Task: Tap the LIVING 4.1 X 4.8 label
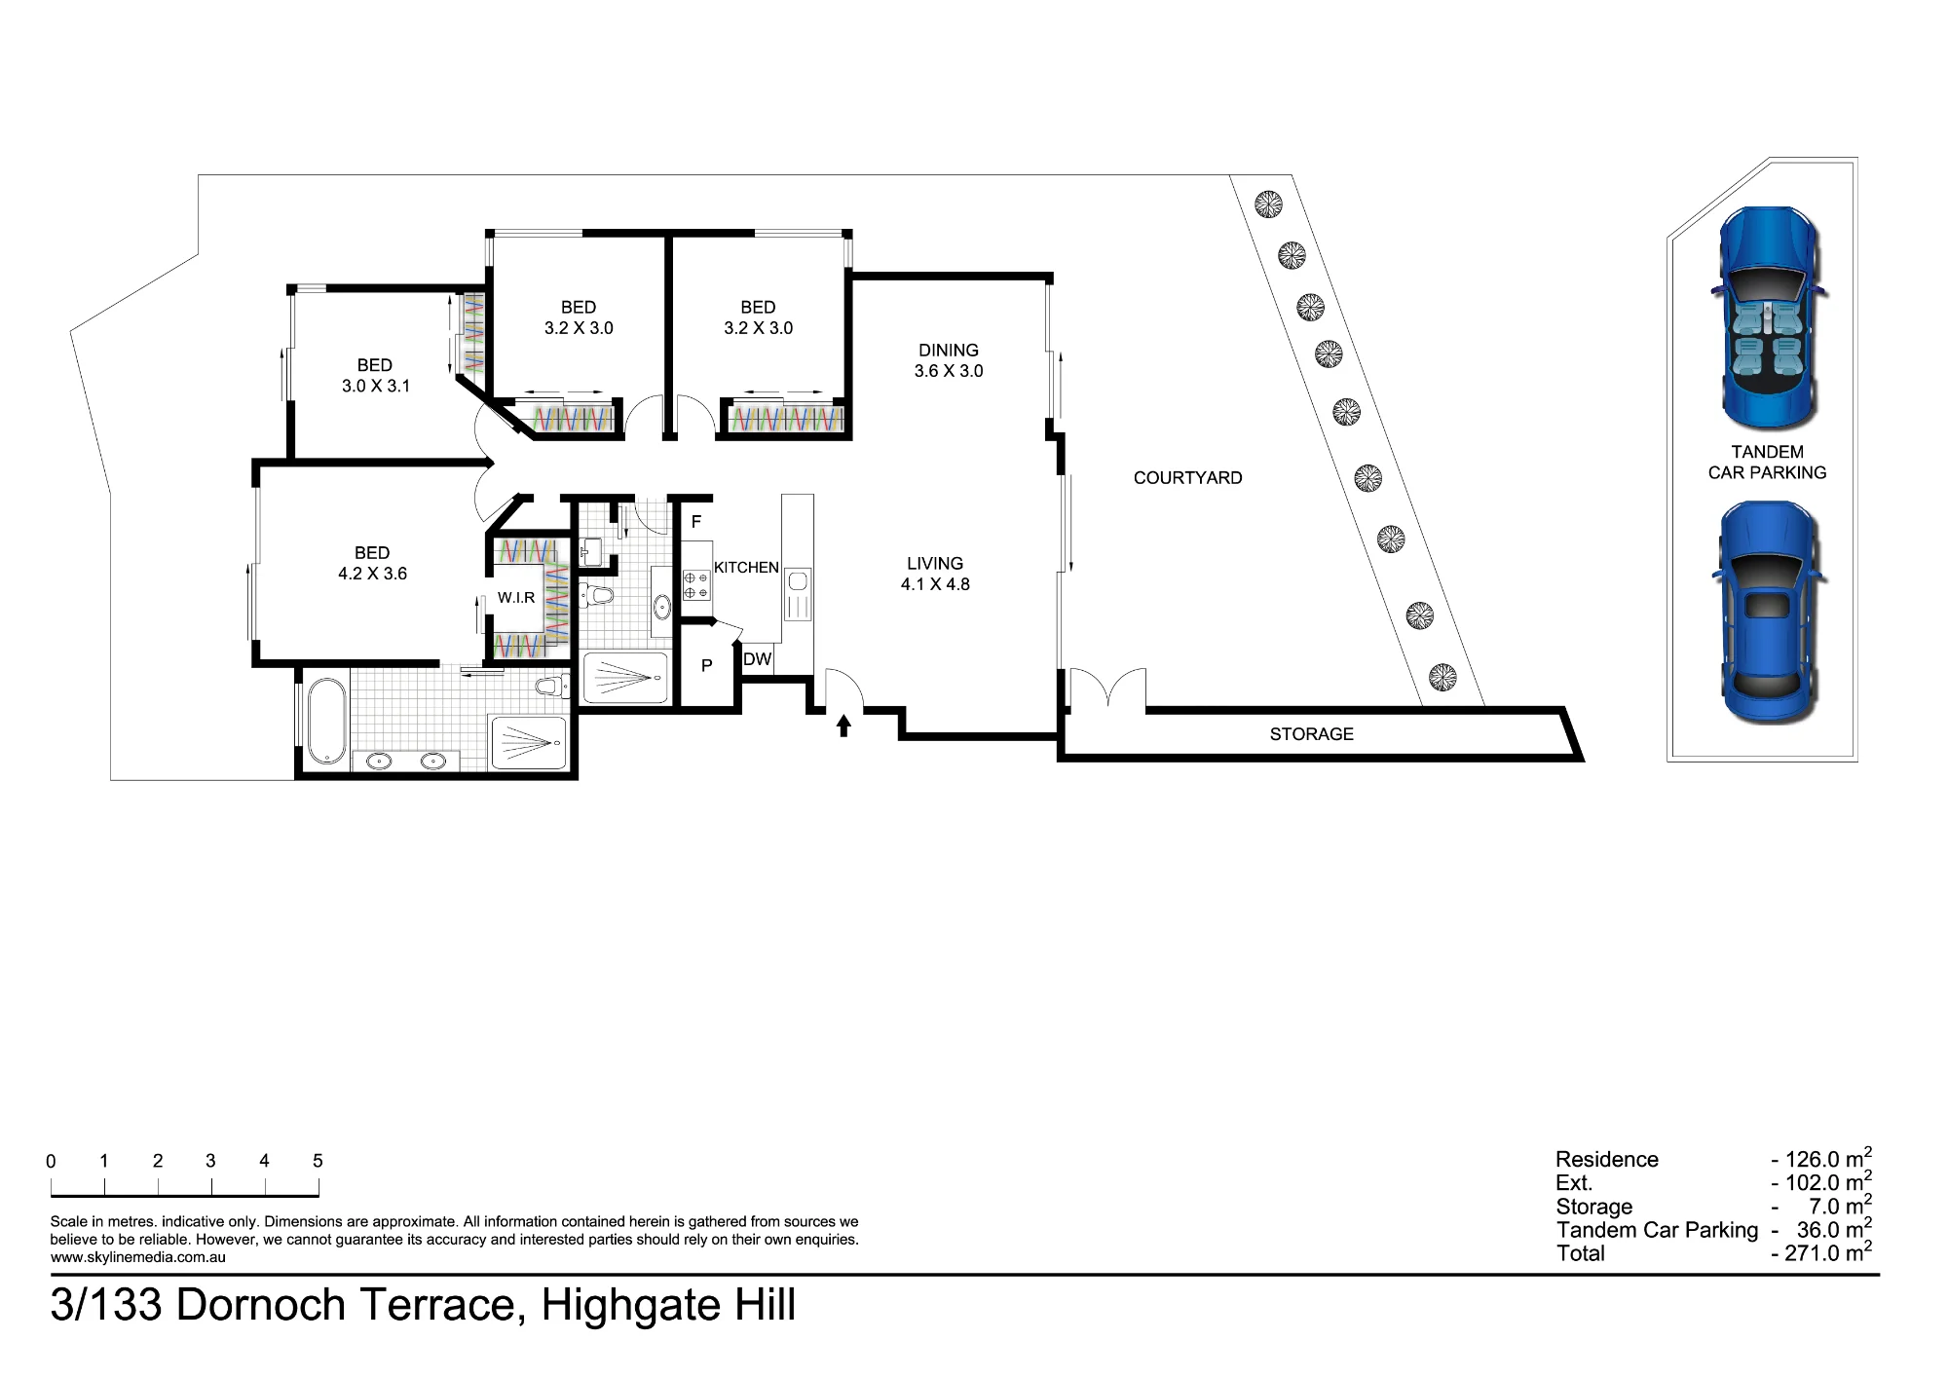(x=935, y=574)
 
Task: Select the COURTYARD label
(x=1187, y=478)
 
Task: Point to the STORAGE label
(x=1311, y=734)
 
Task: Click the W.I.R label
(x=516, y=598)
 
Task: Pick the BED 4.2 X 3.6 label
(x=372, y=563)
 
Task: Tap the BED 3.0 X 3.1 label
(x=375, y=375)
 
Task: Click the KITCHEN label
(x=746, y=568)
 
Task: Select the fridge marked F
(x=696, y=522)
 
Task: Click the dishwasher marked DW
(x=757, y=659)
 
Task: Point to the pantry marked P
(x=707, y=666)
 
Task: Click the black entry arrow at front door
(x=843, y=726)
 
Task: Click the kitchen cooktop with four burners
(x=696, y=585)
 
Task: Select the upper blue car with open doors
(x=1767, y=318)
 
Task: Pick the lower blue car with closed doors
(x=1767, y=613)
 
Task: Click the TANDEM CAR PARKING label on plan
(x=1767, y=463)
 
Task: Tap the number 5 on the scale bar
(x=318, y=1161)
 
